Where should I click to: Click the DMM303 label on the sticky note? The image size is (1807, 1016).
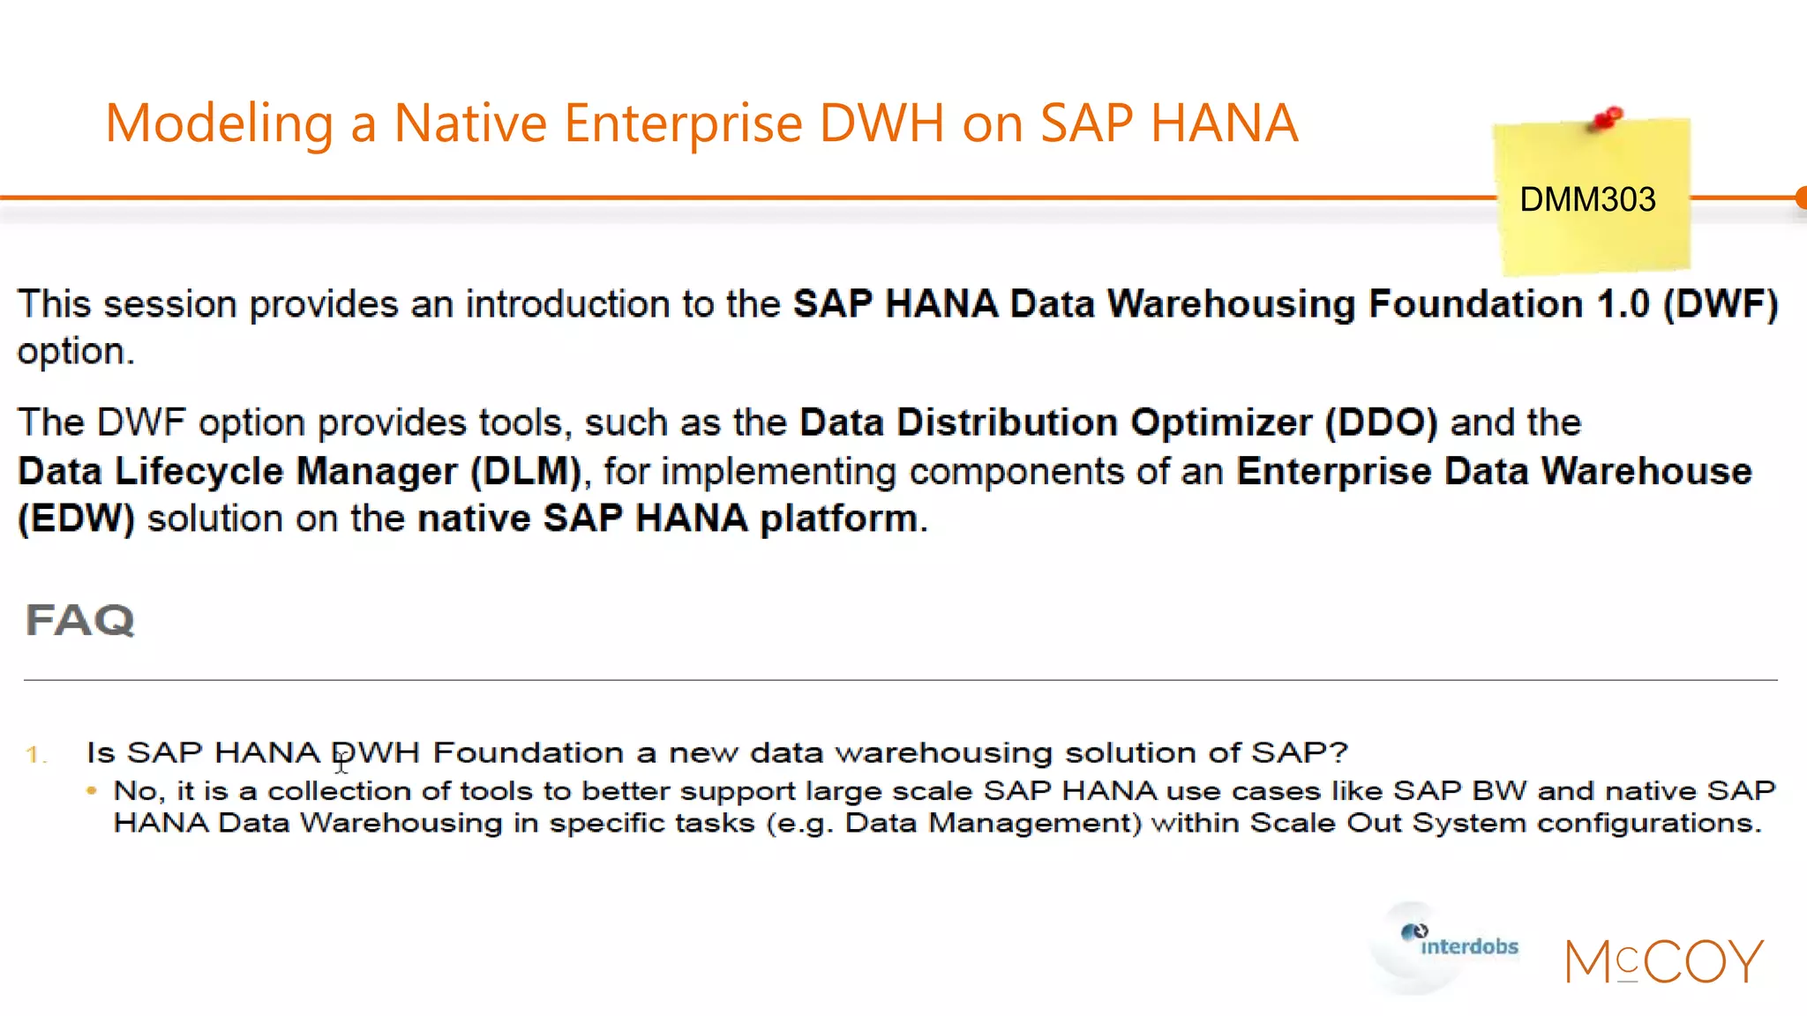(1587, 199)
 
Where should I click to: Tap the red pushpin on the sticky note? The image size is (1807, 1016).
(1608, 118)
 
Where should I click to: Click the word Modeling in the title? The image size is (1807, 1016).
(219, 123)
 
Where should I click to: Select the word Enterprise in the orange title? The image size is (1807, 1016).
(683, 123)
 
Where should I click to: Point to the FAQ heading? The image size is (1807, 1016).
(80, 620)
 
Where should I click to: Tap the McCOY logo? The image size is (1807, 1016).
(1664, 961)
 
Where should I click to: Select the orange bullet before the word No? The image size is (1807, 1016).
(92, 790)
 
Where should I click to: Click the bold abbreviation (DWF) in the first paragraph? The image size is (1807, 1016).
(1721, 304)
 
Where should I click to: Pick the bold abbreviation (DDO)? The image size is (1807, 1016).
(1381, 422)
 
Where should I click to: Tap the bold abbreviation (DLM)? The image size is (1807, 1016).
(526, 471)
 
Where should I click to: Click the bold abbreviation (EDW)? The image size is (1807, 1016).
(77, 519)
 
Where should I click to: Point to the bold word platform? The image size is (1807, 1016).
(838, 519)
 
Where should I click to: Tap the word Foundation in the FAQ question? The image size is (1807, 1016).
(529, 752)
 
